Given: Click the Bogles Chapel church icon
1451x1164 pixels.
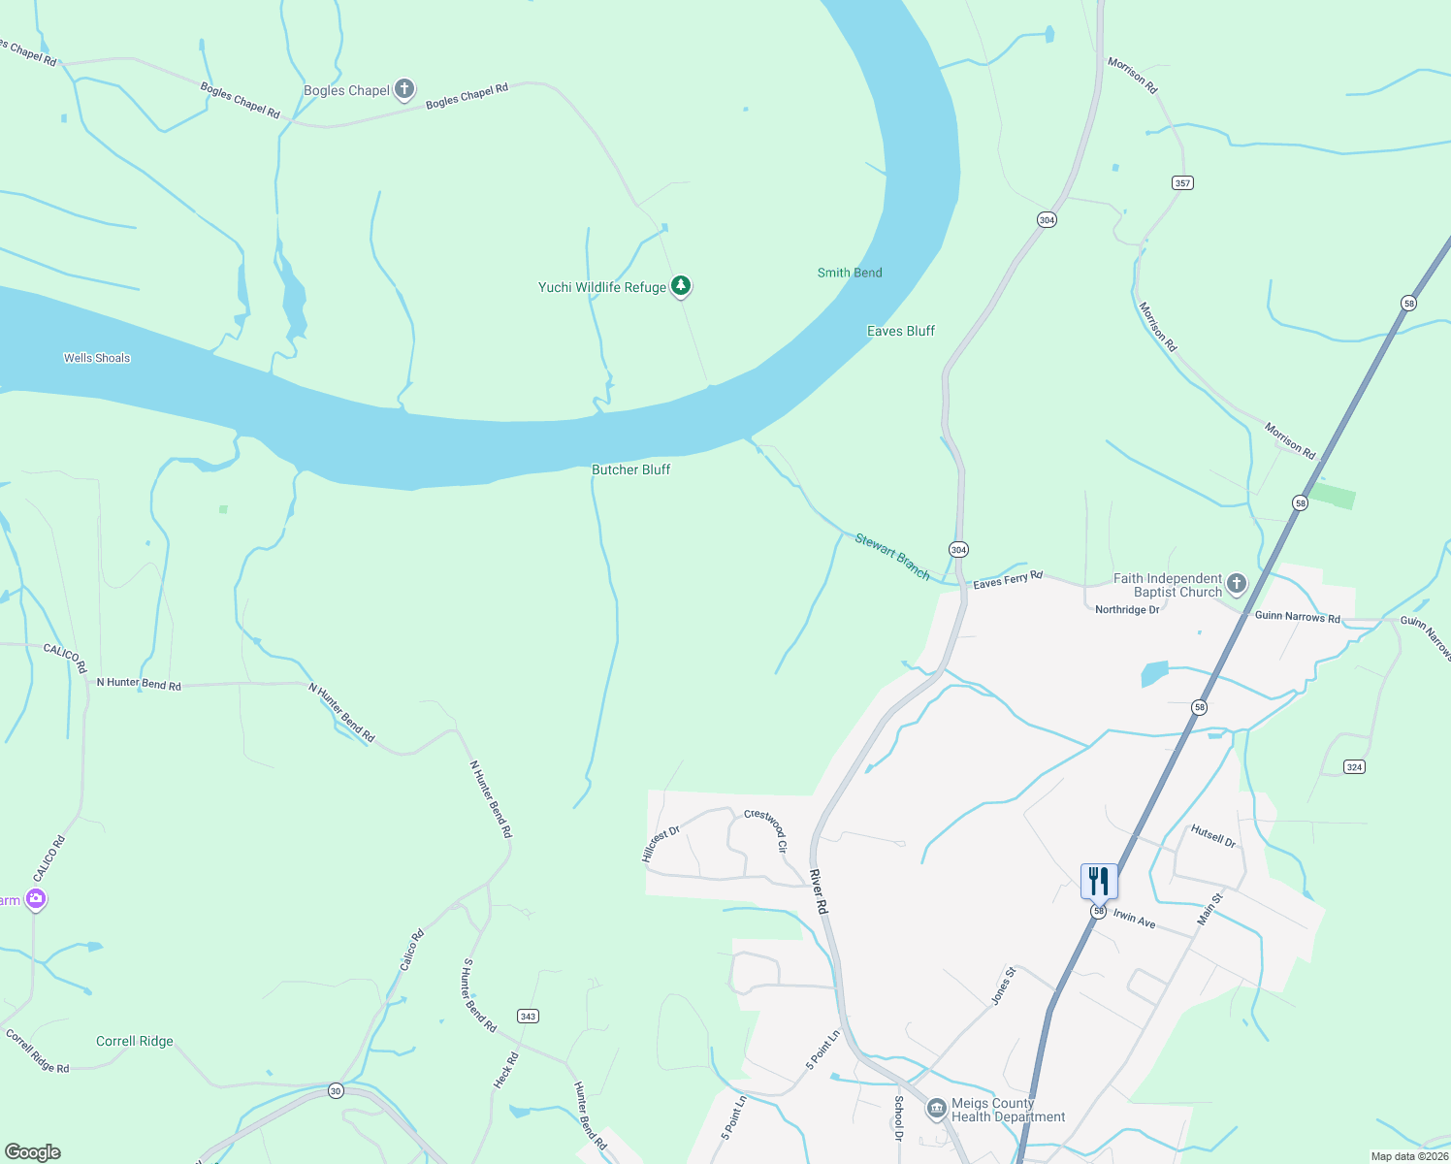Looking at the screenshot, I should coord(404,90).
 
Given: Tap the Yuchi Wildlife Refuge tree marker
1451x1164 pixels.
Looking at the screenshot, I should coord(682,285).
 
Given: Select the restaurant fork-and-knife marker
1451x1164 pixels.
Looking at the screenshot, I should coord(1098,882).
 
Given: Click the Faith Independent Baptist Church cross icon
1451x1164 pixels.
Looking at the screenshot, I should coord(1236,584).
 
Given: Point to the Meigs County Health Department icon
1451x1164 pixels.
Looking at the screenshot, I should coord(936,1109).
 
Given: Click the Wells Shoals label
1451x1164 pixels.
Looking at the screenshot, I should coord(97,358).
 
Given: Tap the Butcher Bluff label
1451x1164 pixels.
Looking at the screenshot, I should coord(631,469).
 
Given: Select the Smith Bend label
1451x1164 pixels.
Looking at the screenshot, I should coord(850,273).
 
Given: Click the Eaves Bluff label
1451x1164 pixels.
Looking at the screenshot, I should coord(901,331).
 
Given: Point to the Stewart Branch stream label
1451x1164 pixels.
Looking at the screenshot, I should coord(892,557).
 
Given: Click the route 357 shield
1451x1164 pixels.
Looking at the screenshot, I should coord(1182,182).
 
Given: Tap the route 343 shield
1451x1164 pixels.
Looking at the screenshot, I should coord(528,1017).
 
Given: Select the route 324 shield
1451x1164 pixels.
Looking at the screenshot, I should coord(1355,767).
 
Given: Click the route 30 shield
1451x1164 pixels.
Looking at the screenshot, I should coord(336,1090).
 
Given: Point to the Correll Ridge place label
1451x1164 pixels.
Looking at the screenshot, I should coord(135,1041).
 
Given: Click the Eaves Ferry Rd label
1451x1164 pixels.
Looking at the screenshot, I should coord(1008,580).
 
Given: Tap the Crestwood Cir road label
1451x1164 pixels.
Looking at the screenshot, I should coord(766,830).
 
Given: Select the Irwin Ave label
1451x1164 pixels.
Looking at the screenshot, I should coord(1134,919).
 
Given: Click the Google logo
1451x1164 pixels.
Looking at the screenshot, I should coord(32,1152).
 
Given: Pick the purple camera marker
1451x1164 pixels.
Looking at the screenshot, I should coord(36,900).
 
